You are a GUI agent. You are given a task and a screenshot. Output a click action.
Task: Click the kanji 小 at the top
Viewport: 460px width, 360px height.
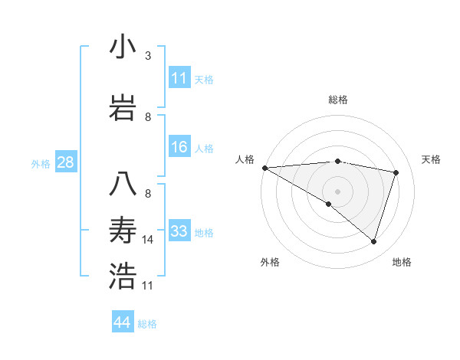point(123,47)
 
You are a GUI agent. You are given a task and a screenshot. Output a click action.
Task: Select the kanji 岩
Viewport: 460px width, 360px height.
point(123,108)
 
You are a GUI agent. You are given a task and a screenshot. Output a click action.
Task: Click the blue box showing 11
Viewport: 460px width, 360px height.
point(179,78)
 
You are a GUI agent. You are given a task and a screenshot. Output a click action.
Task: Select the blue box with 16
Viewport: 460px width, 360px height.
point(179,148)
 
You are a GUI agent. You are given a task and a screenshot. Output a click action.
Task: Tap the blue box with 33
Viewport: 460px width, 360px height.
point(179,231)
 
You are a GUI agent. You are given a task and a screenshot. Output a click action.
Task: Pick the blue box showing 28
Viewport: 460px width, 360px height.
point(66,162)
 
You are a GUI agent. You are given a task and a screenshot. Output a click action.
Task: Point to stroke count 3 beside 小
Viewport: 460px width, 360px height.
point(148,56)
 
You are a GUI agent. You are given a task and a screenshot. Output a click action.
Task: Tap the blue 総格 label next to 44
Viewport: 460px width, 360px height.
point(147,324)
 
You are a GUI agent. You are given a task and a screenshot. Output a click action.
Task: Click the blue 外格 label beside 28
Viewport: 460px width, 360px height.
point(41,163)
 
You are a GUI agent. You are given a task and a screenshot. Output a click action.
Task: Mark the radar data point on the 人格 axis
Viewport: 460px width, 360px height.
point(264,168)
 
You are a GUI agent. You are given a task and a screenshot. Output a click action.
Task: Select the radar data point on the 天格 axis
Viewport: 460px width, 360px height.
point(396,172)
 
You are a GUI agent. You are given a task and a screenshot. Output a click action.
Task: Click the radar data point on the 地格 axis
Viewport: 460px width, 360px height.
point(373,241)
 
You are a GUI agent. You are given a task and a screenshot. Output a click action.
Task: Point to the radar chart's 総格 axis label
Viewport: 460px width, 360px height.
point(337,100)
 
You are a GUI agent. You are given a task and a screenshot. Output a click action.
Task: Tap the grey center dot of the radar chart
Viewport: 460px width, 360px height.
point(337,191)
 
